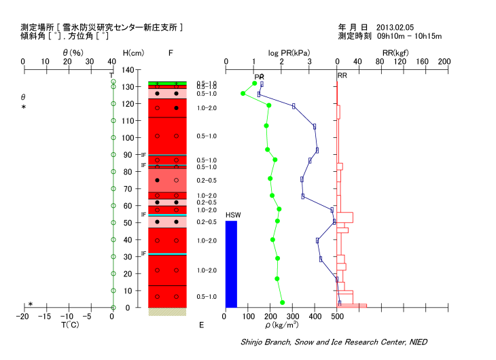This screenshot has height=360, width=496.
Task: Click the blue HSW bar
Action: point(231,264)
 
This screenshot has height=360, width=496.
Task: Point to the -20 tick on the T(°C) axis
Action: point(23,317)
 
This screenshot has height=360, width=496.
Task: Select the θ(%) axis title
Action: point(73,53)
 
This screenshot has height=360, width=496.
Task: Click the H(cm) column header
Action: point(133,53)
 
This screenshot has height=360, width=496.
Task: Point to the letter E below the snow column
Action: point(201,325)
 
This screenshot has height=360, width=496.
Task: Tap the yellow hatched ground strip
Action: point(167,312)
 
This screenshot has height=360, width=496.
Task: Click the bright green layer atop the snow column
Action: point(167,84)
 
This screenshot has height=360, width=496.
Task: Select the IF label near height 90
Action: point(143,155)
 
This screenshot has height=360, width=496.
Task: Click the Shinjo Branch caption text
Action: point(334,341)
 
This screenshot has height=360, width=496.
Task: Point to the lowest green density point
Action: point(282,303)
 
